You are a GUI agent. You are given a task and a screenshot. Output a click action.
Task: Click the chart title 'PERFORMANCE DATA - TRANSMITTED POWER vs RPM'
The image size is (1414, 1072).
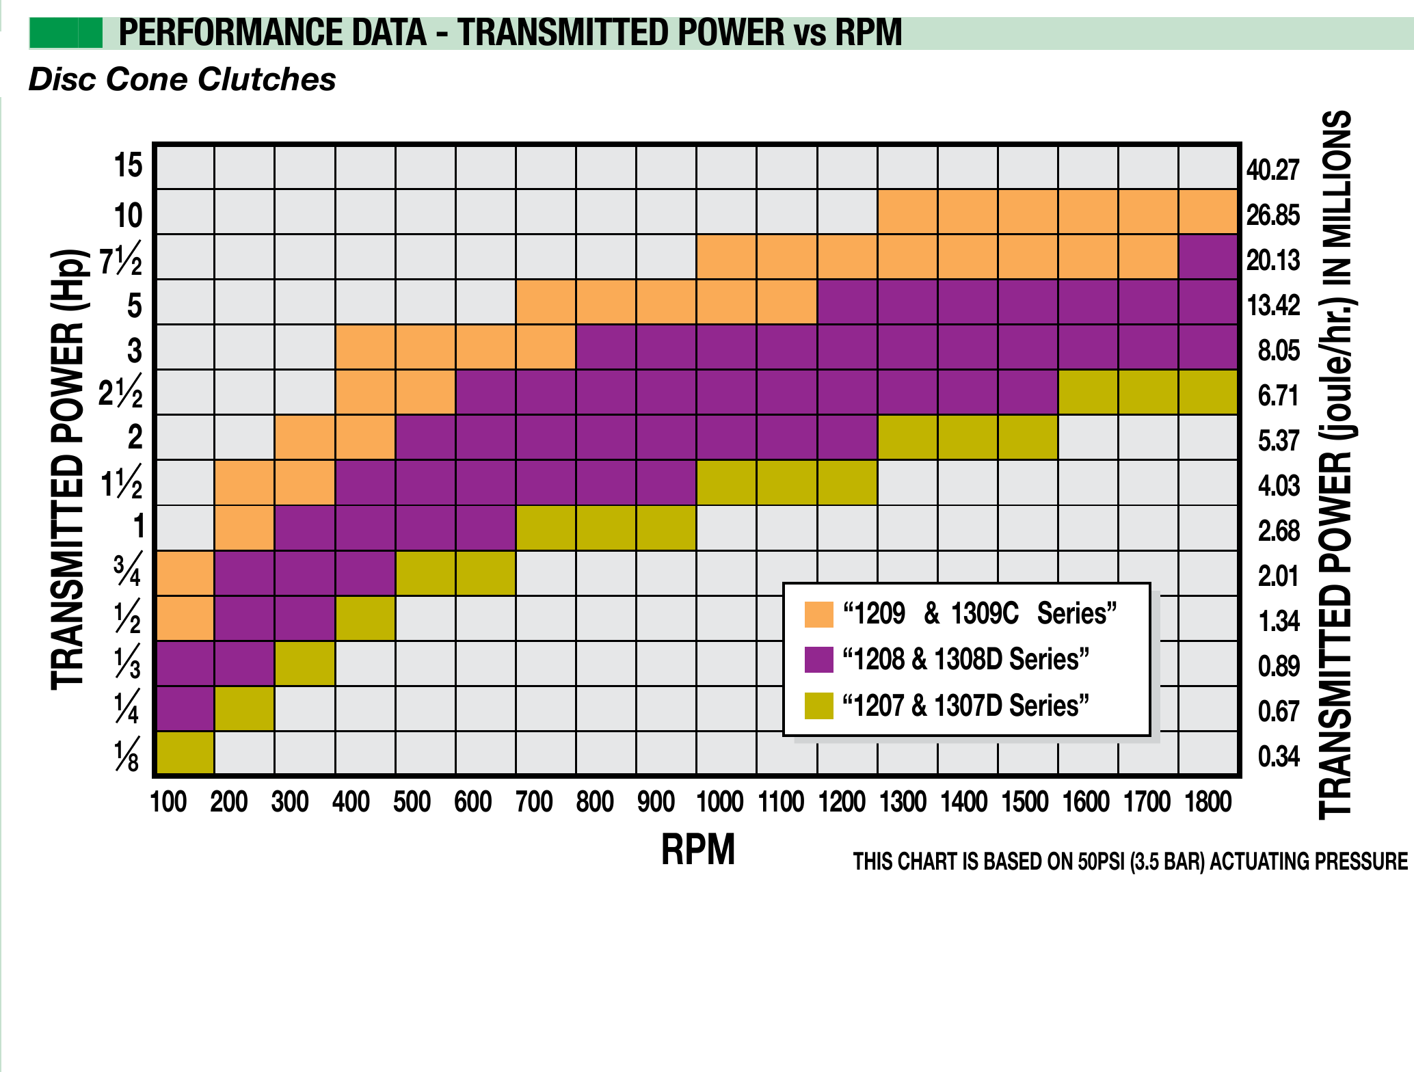point(510,33)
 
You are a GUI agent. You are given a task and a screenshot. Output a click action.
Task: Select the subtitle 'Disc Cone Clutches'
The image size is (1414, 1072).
point(182,79)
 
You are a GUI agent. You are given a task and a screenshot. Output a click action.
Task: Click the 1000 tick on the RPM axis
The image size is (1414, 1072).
point(719,802)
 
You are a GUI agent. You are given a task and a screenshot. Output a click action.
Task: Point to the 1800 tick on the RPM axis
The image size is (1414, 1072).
point(1208,802)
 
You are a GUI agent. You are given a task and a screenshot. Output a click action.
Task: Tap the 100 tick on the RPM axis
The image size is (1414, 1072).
point(168,802)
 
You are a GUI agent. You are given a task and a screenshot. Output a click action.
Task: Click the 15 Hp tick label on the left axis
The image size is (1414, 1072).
point(128,166)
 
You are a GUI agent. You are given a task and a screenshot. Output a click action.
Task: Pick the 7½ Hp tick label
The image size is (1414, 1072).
point(121,260)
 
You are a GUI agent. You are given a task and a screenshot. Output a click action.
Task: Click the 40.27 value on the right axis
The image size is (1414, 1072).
point(1272,170)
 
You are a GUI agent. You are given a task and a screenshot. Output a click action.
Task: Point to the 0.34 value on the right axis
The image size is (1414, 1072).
point(1279,757)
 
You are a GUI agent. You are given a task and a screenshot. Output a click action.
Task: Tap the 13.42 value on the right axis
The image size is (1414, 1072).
point(1273,306)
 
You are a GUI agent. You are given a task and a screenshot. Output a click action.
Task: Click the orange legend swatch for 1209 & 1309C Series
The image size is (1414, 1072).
point(818,614)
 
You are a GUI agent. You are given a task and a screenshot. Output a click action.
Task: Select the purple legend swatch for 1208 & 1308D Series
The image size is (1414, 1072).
point(818,660)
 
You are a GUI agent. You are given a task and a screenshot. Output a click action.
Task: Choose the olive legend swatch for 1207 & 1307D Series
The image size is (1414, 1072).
point(818,706)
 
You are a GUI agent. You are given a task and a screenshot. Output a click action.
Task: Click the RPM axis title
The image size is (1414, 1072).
point(697,850)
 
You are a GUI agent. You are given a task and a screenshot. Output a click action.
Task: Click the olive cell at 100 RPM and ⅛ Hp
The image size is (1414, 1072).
point(185,753)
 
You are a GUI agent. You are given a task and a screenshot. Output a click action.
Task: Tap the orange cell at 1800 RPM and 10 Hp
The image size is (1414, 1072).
point(1208,212)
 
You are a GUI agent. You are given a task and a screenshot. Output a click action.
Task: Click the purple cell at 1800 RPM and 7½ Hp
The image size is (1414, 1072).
point(1208,257)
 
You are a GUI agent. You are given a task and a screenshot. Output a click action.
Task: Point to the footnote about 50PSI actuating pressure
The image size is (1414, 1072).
point(1130,861)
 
